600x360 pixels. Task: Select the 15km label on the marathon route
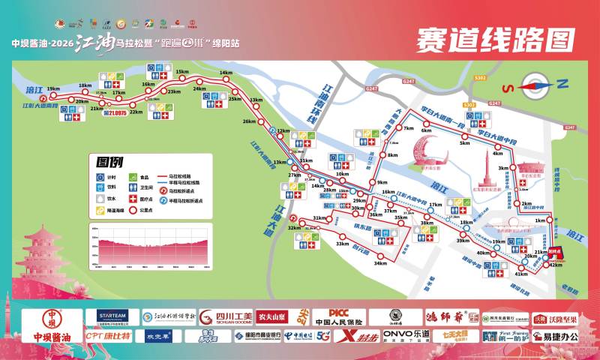click(181, 72)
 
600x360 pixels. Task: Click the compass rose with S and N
click(533, 84)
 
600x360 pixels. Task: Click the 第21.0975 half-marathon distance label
click(115, 112)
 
